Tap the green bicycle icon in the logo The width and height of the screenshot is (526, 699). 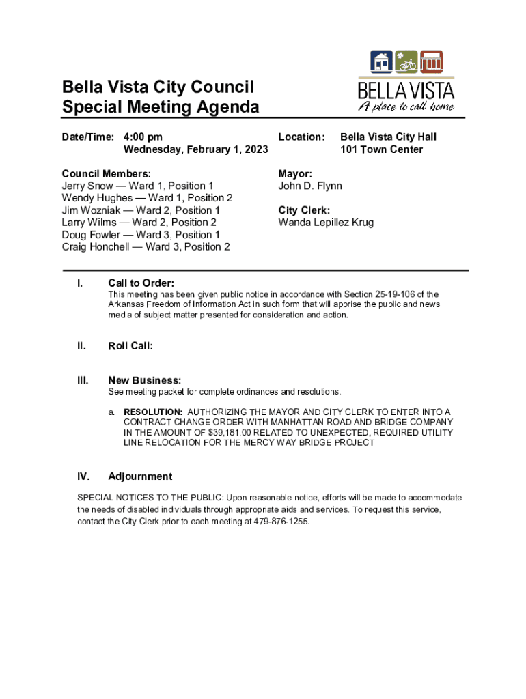(x=406, y=62)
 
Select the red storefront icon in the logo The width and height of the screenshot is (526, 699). (x=431, y=62)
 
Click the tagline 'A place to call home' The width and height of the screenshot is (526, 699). (x=406, y=106)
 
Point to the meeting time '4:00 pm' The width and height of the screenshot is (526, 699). (x=143, y=137)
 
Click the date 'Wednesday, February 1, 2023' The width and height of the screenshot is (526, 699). (x=195, y=149)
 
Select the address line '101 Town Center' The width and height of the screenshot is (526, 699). (x=381, y=149)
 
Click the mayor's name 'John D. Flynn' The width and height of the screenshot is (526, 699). (x=310, y=186)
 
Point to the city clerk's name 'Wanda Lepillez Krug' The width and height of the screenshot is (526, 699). (x=326, y=223)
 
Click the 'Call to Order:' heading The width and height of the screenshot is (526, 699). (x=141, y=283)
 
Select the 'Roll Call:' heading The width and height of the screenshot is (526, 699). (x=130, y=346)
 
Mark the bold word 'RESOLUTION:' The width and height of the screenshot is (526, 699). (x=153, y=412)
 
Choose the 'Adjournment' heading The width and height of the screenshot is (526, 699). (x=140, y=476)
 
